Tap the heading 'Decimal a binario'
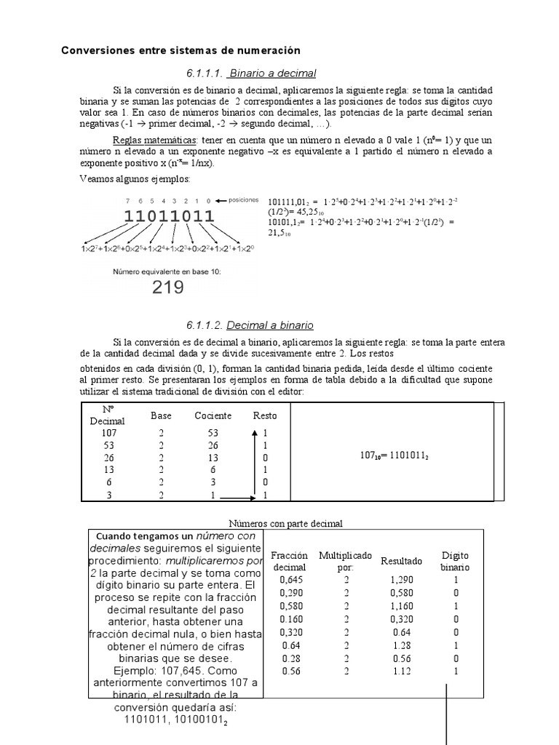[269, 325]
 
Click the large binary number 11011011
[169, 216]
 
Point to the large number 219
[167, 287]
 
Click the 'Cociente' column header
[213, 415]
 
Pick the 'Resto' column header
[264, 415]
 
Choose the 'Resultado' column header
[401, 561]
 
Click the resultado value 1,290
[401, 580]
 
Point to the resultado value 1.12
[401, 672]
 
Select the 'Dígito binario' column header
[456, 561]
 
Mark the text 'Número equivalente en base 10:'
[167, 271]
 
